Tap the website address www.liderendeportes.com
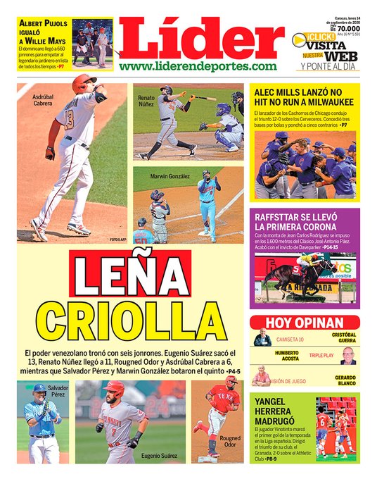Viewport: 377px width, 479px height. pos(198,66)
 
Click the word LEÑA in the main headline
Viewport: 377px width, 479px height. pos(131,275)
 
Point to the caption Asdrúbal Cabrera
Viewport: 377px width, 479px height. pos(42,99)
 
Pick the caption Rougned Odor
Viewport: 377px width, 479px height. pos(230,442)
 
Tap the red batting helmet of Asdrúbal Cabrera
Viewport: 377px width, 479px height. pos(84,82)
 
